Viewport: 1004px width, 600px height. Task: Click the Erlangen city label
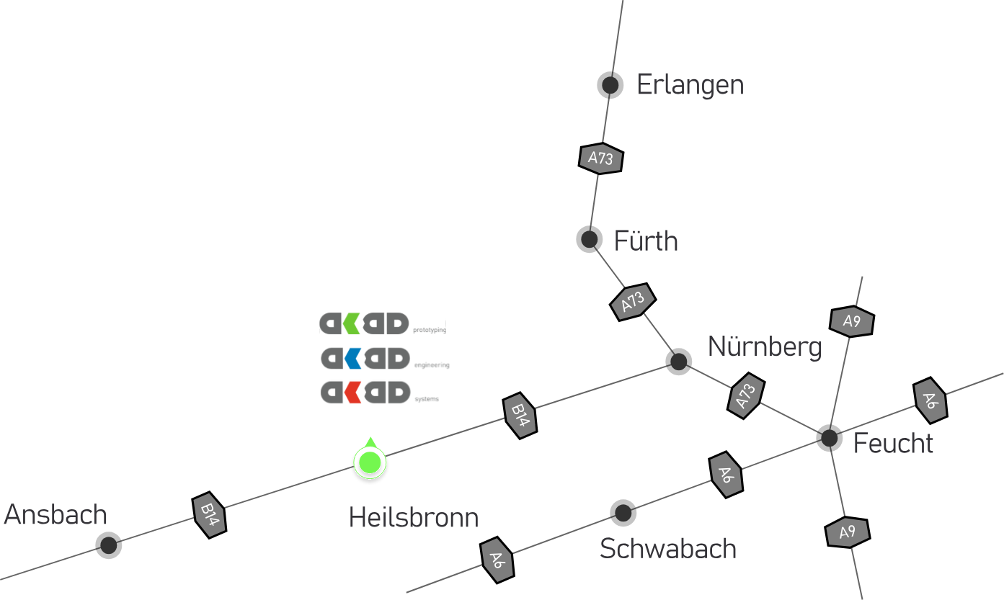(x=690, y=86)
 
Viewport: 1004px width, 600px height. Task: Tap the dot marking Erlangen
(x=610, y=86)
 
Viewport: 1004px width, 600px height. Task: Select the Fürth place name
(x=645, y=241)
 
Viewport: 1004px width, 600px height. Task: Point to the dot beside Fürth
(x=590, y=239)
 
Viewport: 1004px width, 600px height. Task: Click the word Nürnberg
(x=765, y=347)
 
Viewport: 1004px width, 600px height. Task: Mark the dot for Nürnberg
(x=678, y=362)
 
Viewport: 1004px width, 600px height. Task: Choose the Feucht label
(x=893, y=443)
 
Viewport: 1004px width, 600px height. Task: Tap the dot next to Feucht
(x=830, y=438)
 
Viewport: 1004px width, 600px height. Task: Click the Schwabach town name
(x=667, y=549)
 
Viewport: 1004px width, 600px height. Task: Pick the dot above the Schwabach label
(x=623, y=513)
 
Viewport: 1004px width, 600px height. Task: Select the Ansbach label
(x=55, y=515)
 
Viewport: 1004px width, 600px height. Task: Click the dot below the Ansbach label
(x=109, y=545)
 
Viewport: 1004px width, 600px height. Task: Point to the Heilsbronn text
(x=413, y=518)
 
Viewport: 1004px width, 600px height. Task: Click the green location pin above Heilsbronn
(x=370, y=462)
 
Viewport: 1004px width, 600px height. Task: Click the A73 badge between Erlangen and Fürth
(x=601, y=158)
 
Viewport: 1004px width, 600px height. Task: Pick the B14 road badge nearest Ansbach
(x=209, y=515)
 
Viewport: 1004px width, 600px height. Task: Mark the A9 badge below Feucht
(x=847, y=532)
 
